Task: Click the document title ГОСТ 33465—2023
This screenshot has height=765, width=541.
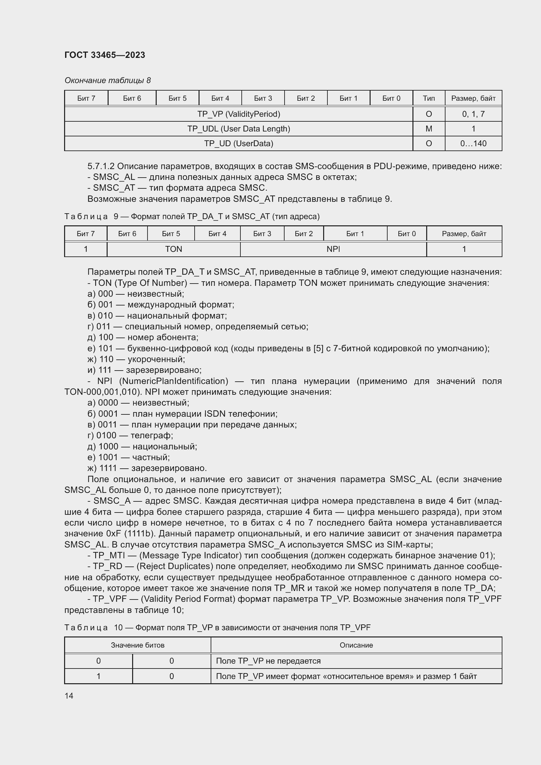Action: pos(105,55)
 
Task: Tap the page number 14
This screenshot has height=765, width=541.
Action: pos(69,696)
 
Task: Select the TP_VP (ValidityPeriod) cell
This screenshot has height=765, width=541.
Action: pos(238,114)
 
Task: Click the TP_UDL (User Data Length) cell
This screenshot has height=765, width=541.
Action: pos(238,129)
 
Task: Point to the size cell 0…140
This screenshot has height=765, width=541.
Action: pos(473,143)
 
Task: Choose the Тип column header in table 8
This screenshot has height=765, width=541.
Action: pos(428,98)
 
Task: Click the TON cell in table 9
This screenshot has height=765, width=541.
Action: pos(173,249)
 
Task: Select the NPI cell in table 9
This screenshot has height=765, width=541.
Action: pos(333,249)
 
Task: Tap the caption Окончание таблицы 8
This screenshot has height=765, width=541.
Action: pos(108,80)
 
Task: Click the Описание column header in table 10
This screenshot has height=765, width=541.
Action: pos(356,645)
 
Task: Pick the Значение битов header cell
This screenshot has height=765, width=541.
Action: pos(138,645)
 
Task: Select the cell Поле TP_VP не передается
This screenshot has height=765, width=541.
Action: pos(268,661)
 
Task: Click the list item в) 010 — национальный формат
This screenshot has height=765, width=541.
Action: pos(157,315)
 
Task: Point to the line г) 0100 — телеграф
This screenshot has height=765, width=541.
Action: pos(130,435)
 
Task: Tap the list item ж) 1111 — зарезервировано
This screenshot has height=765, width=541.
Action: pos(147,468)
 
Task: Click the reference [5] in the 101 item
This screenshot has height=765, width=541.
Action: pos(318,348)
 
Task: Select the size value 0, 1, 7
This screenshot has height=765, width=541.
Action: pos(473,114)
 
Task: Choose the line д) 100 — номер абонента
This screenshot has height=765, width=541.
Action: pos(143,337)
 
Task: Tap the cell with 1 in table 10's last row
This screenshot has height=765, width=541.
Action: pos(98,676)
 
